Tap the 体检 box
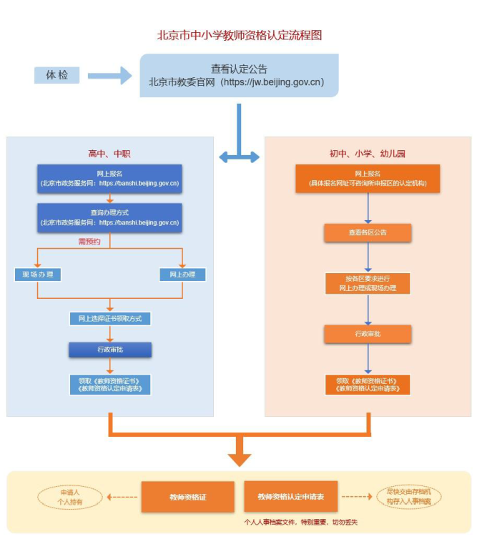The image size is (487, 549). (x=56, y=74)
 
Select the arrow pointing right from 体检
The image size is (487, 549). (x=109, y=75)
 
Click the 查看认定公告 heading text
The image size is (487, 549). (x=239, y=69)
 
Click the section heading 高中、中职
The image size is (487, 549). (x=109, y=153)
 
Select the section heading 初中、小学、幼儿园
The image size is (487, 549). (x=368, y=153)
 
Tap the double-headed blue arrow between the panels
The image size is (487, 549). (x=239, y=156)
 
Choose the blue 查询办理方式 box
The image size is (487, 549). (x=109, y=217)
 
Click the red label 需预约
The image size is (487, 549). (x=89, y=242)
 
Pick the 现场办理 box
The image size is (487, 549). (x=38, y=274)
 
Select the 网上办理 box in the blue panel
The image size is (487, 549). (x=182, y=274)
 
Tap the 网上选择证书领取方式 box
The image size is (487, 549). (x=109, y=318)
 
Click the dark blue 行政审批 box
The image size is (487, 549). (x=110, y=350)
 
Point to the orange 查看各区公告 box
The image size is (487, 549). (x=368, y=232)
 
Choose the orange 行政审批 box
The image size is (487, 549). (x=368, y=334)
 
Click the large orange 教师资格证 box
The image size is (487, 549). (x=187, y=497)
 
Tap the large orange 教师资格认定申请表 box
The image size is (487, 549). (x=290, y=497)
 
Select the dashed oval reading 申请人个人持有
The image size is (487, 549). (x=70, y=498)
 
